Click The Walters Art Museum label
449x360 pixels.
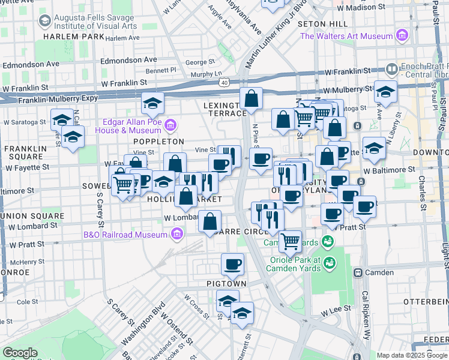click(x=346, y=36)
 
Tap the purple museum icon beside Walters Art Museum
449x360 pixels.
click(x=401, y=36)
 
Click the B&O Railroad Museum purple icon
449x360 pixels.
click(x=177, y=234)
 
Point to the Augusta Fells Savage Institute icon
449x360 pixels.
click(x=44, y=22)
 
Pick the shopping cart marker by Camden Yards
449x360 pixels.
click(x=291, y=241)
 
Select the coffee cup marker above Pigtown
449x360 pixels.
click(x=232, y=263)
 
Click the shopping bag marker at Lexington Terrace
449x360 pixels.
click(x=252, y=98)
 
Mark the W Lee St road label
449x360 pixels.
click(x=334, y=313)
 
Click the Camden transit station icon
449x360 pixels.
click(x=358, y=272)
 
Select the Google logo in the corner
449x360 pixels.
click(x=20, y=353)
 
